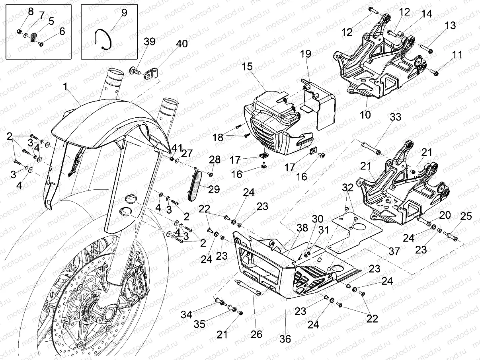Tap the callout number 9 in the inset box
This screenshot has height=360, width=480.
124,12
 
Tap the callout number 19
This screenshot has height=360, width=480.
316,54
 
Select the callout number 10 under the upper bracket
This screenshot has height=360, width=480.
365,115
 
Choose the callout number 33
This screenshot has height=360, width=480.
395,117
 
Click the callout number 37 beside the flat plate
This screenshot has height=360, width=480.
394,251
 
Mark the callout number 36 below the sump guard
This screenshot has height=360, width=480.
285,339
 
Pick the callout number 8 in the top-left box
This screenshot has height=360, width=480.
31,11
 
